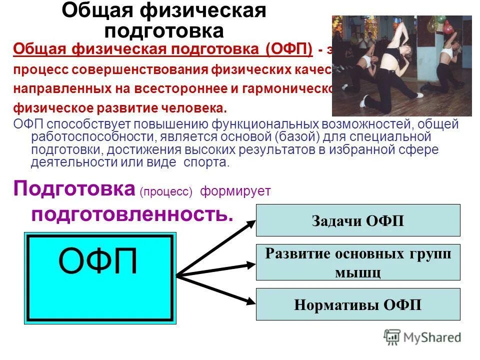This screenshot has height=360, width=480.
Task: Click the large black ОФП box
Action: [x=100, y=277]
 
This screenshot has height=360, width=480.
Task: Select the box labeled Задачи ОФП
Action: [x=358, y=220]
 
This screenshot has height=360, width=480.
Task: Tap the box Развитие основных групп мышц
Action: [x=358, y=262]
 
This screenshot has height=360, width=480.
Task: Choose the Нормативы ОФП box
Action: [x=358, y=304]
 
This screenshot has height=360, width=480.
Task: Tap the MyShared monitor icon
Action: [x=392, y=337]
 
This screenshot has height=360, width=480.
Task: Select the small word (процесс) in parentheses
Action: [x=166, y=192]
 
